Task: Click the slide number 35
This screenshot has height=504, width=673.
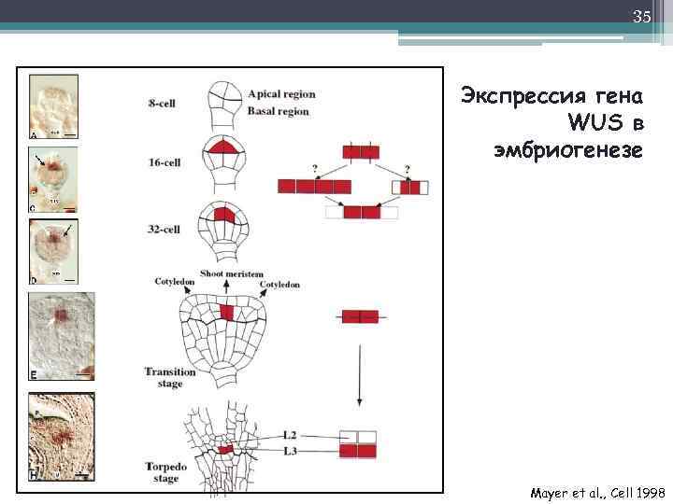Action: click(x=641, y=17)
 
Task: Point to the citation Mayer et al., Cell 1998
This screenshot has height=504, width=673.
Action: click(x=595, y=492)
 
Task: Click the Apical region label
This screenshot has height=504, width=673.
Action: click(x=281, y=94)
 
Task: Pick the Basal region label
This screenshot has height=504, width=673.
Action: click(x=279, y=111)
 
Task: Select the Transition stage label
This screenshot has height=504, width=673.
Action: click(x=170, y=377)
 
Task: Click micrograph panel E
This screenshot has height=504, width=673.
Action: click(x=62, y=337)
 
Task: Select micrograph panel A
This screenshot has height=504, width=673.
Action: click(x=55, y=107)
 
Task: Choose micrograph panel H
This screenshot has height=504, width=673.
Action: click(x=62, y=437)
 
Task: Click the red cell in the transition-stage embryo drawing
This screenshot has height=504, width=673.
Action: click(x=226, y=312)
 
